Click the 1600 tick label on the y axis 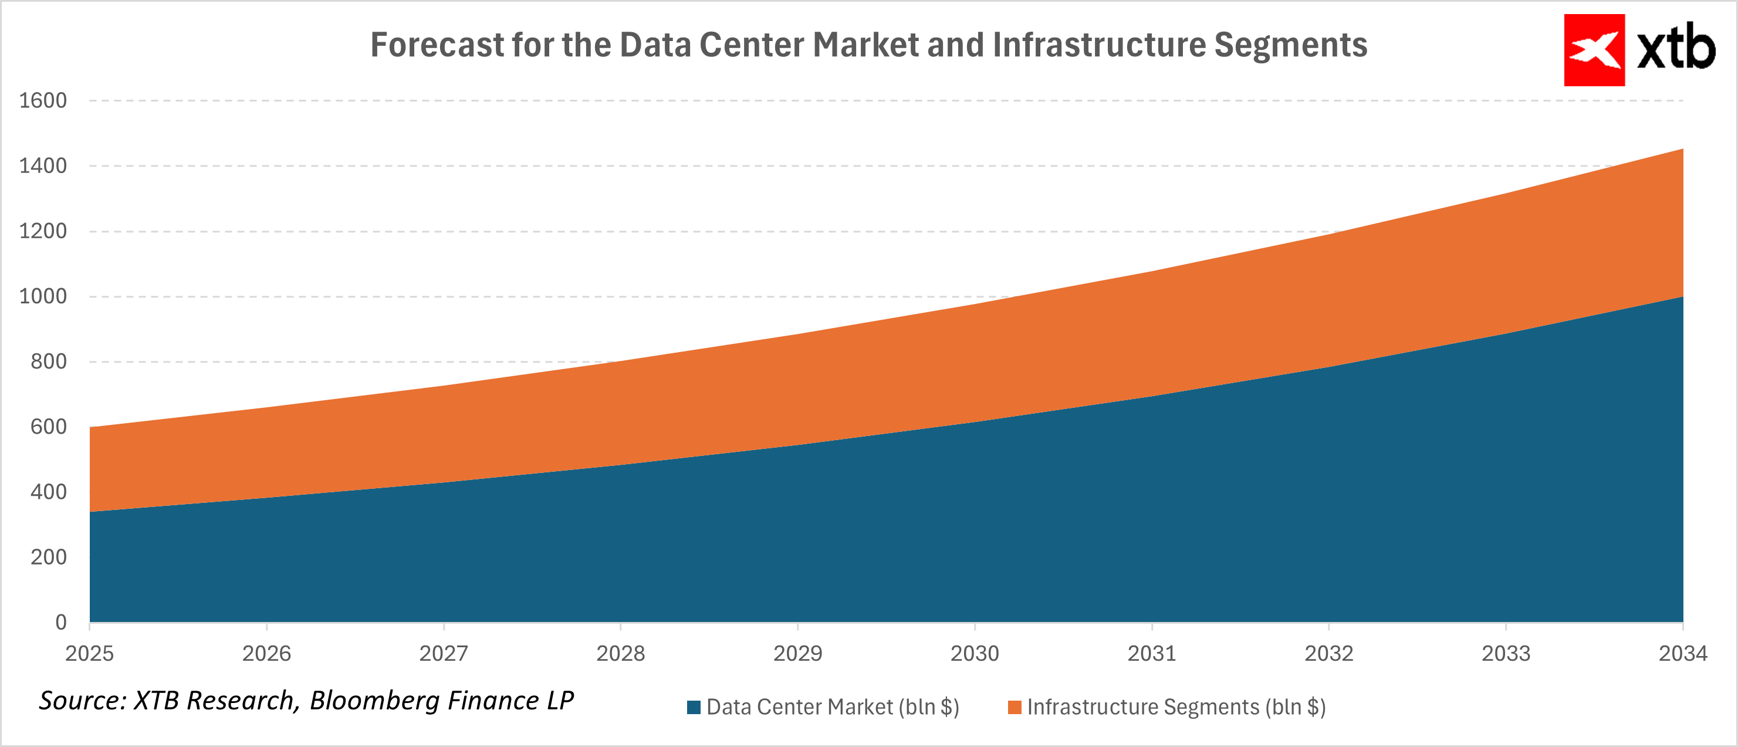pos(42,100)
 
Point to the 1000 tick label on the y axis pos(42,296)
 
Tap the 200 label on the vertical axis pos(48,557)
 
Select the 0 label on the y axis pos(60,622)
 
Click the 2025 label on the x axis pos(89,653)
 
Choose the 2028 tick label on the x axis pos(620,653)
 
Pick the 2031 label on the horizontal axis pos(1152,653)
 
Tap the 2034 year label pos(1683,653)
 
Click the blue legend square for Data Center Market pos(694,707)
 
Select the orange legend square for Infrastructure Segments pos(1014,707)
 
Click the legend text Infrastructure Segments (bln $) pos(1176,707)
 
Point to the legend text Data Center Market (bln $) pos(833,707)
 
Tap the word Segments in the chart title pos(1291,45)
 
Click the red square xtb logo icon pos(1594,50)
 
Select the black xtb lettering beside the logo pos(1676,49)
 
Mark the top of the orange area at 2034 pos(1683,149)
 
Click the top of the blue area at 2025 pos(90,512)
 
